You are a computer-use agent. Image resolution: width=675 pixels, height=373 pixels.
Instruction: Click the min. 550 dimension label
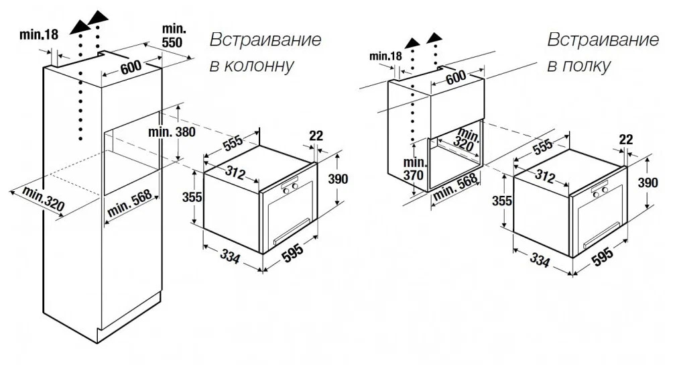174,36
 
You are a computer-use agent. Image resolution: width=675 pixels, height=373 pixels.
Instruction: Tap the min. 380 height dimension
172,131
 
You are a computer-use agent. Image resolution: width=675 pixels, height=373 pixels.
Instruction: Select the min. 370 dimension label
414,169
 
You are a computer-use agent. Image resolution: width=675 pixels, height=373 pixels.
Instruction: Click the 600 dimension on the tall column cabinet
131,67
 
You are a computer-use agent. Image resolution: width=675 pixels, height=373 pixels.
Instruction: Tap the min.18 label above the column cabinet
39,35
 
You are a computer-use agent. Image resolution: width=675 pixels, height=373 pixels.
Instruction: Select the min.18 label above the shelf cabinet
385,56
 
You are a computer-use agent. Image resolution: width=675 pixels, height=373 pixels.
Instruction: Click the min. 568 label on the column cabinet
129,203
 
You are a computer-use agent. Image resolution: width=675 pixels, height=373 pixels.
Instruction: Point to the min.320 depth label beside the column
44,199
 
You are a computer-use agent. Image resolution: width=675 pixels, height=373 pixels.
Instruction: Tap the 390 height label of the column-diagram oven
338,178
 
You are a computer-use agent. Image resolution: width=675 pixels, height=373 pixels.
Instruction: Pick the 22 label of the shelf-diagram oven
626,140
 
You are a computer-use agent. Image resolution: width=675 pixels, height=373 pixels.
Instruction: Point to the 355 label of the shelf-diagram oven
502,201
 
